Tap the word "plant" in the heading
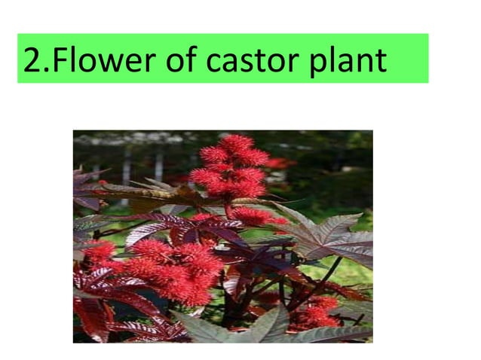click(x=348, y=59)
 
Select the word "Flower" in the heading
click(x=99, y=59)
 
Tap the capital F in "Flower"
click(x=60, y=59)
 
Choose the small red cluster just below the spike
click(x=253, y=216)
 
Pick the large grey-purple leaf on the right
click(x=332, y=237)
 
